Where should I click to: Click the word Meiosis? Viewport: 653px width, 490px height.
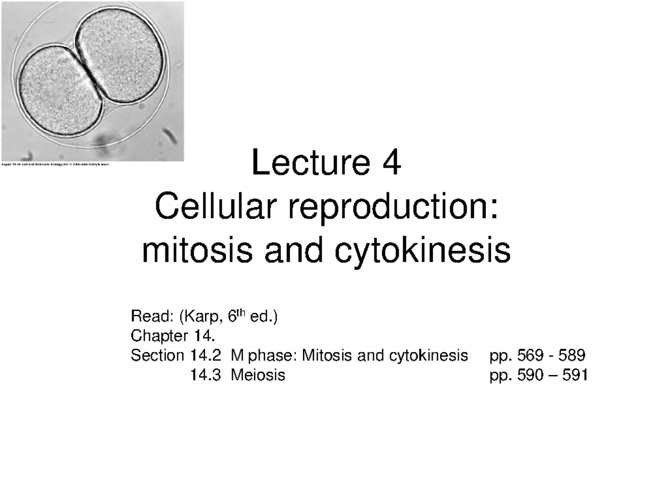(258, 375)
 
